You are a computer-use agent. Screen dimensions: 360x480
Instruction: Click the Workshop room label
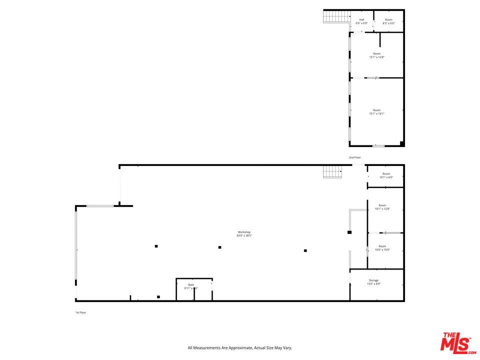point(244,232)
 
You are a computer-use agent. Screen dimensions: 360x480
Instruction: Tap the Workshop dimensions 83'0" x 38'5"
point(244,235)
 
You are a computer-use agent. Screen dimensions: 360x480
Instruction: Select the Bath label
point(191,284)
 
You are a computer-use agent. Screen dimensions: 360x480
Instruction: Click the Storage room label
point(373,280)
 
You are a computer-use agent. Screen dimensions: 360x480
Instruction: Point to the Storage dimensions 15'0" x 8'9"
point(373,284)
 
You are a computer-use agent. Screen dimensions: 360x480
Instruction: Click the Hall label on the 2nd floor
point(361,20)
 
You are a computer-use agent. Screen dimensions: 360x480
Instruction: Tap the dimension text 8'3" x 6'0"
point(388,23)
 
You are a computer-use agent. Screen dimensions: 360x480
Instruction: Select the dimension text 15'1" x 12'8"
point(376,57)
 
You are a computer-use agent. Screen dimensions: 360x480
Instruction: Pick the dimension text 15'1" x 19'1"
point(376,113)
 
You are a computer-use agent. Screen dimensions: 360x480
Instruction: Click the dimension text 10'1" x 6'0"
point(386,177)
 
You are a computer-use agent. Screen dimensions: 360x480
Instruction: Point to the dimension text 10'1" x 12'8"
point(382,209)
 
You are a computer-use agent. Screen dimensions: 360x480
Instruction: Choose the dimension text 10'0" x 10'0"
point(382,250)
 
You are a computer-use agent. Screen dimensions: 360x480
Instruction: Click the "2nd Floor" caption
point(355,157)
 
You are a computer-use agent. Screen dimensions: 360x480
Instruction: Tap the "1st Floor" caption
point(80,312)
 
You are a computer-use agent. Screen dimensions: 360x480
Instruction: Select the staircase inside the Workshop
point(331,172)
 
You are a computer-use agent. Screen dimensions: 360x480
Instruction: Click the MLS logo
point(455,342)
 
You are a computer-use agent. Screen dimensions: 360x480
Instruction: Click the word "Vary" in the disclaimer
point(287,348)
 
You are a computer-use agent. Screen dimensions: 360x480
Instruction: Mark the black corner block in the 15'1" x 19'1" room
point(401,143)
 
